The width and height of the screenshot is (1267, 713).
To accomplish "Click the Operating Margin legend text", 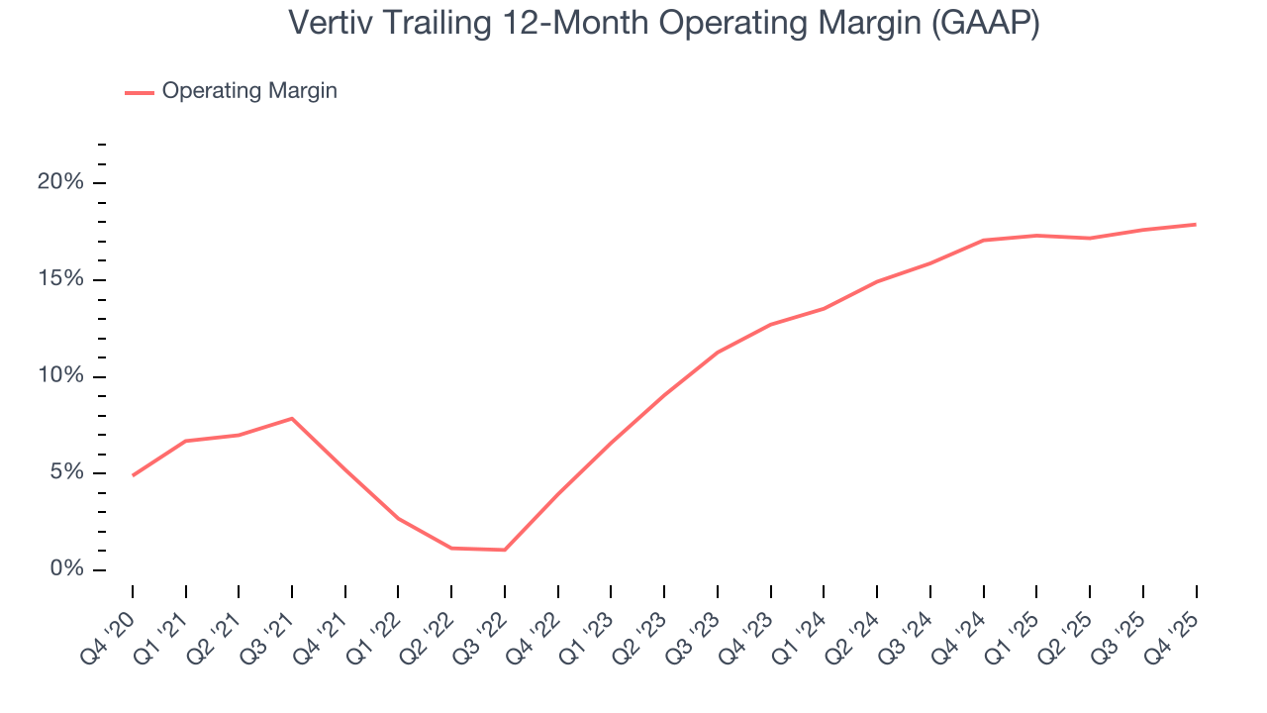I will point(249,91).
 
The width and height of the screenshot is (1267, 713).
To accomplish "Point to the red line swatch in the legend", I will point(140,92).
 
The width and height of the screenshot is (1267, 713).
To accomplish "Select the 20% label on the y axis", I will point(60,183).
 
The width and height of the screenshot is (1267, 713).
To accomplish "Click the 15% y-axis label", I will point(60,280).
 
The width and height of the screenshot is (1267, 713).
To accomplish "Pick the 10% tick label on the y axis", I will point(60,377).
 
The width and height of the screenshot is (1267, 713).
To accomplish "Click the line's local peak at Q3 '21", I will point(292,418).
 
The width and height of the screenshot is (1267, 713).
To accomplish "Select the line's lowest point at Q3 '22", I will point(505,550).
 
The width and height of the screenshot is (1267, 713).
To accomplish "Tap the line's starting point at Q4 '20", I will point(133,475).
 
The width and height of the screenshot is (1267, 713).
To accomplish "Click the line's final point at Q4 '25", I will point(1196,224).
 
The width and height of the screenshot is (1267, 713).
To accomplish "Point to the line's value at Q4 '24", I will point(984,240).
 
